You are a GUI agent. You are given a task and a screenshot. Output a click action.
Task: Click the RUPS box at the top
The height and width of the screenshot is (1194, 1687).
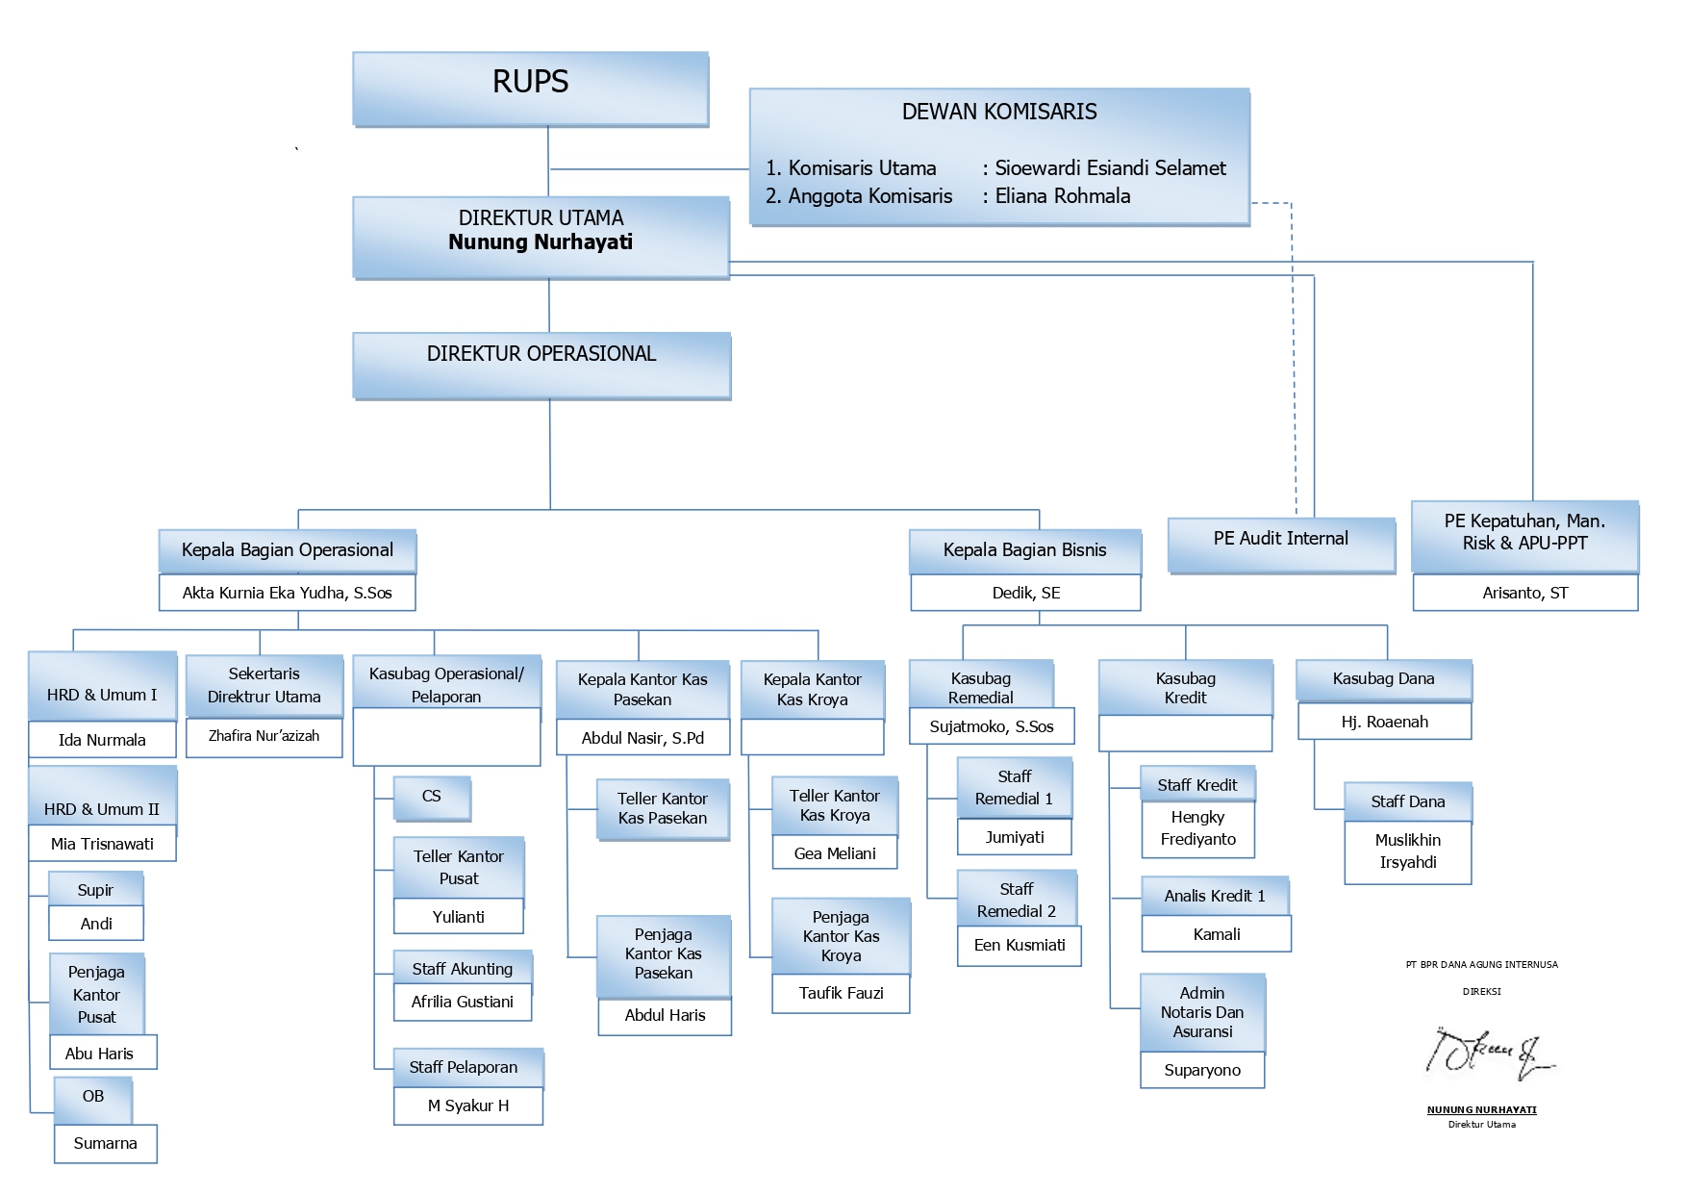coord(530,88)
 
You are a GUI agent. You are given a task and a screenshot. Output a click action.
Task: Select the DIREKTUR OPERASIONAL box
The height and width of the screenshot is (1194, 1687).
coord(541,364)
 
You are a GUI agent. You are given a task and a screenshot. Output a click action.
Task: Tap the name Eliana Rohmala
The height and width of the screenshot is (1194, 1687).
coord(1062,196)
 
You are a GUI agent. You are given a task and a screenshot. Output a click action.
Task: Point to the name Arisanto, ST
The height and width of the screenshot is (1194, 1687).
coord(1524,593)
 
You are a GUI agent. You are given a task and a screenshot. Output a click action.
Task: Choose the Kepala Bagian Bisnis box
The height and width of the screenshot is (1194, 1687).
coord(1024,550)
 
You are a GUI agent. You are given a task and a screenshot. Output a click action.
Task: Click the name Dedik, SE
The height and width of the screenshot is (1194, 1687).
coord(1025,593)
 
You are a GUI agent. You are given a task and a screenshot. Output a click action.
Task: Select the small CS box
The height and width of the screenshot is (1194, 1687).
coord(432,798)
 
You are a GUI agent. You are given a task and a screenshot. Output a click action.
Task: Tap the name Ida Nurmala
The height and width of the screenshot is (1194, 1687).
coord(102,740)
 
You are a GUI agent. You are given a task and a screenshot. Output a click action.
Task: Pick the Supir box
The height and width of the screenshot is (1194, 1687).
coord(95,890)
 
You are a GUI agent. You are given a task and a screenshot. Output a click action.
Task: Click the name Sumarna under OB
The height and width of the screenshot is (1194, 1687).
coord(105,1143)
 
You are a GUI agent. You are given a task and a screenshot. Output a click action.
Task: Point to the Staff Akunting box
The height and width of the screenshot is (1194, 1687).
coord(462,969)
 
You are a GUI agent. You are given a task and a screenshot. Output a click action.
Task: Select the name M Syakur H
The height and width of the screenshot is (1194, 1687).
coord(467,1105)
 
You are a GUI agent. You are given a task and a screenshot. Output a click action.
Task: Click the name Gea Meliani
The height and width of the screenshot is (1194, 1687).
coord(834,853)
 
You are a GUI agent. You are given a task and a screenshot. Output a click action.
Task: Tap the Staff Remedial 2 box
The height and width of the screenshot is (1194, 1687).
coord(1016,900)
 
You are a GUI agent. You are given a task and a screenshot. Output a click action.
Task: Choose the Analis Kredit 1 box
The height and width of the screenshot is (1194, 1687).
coord(1215,896)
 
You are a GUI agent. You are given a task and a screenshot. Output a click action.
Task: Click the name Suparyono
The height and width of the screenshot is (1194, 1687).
coord(1201,1070)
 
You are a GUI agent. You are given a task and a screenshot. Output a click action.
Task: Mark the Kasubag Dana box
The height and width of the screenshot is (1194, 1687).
coord(1383,679)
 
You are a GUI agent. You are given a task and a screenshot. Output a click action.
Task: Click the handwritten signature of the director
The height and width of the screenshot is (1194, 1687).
coord(1486,1054)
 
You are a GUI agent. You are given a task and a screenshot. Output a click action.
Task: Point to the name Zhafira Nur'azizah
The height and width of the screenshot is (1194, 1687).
coord(264,736)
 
